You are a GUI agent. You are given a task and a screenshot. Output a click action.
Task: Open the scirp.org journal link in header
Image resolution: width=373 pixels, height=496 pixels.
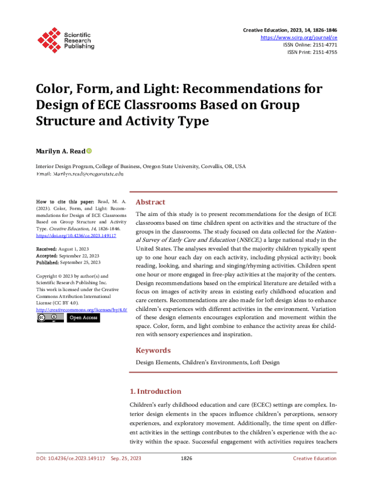pos(299,37)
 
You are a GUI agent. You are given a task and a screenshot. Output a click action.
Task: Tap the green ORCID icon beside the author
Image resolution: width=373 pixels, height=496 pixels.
pos(89,151)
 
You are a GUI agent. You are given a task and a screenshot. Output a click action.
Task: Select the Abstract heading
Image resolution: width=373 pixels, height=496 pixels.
pos(150,202)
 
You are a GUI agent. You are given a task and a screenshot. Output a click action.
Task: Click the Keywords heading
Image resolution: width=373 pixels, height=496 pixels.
pos(153,350)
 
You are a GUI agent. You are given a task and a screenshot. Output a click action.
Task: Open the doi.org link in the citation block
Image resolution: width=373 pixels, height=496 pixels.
pos(76,235)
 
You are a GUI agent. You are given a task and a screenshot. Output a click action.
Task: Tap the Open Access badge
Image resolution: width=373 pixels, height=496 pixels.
pos(83,318)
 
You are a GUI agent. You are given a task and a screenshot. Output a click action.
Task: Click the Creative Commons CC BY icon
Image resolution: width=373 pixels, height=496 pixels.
pos(50,318)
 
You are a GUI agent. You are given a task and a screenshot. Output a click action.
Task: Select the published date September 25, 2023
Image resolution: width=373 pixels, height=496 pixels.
pos(80,262)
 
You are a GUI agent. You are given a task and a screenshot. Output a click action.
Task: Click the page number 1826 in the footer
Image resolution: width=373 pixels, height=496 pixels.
pos(186,458)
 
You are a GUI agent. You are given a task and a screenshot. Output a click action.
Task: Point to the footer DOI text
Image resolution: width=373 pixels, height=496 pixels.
pos(71,458)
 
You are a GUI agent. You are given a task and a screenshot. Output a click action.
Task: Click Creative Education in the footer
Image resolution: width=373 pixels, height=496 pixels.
pos(314,458)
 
